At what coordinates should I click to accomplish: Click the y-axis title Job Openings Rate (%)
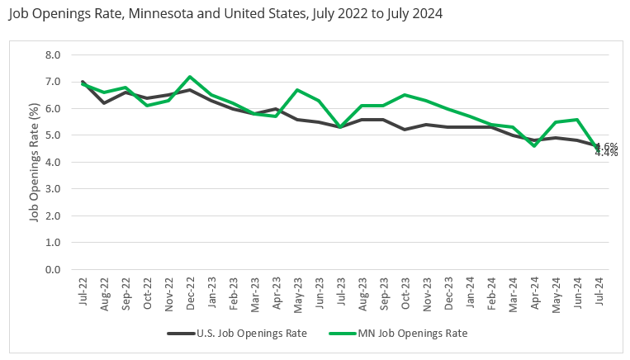(x=35, y=162)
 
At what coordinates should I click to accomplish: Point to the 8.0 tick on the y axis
(x=52, y=55)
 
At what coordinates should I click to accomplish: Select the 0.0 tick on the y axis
(x=52, y=270)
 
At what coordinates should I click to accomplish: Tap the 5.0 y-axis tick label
(x=52, y=135)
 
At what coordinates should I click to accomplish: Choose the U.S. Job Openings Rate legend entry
(x=239, y=334)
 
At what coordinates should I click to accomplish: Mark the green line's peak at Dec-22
(x=191, y=77)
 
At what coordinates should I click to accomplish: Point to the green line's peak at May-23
(x=297, y=90)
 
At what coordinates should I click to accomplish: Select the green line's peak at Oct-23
(x=405, y=95)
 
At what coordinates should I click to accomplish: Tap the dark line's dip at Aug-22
(x=105, y=103)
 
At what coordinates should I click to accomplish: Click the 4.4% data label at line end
(x=606, y=153)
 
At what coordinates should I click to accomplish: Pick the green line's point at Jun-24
(x=576, y=120)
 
